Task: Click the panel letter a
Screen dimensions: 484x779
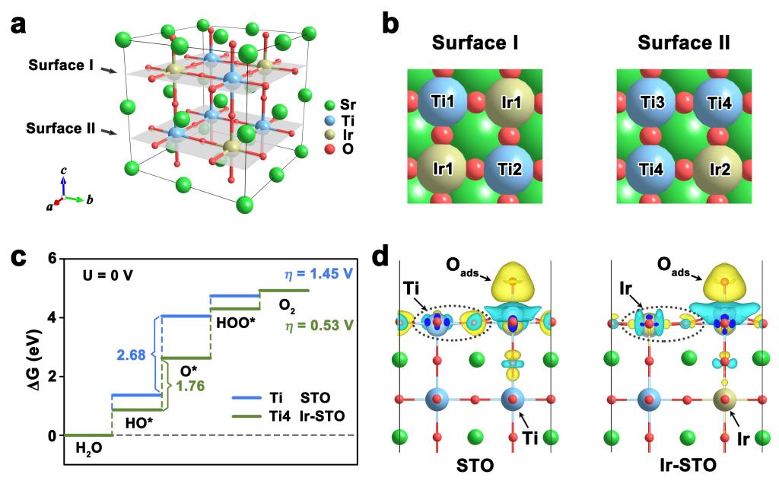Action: tap(21, 25)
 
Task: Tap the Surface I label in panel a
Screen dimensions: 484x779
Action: tap(62, 66)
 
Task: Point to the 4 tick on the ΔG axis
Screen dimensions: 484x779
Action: tap(52, 317)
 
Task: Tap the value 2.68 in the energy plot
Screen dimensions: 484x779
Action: tap(132, 355)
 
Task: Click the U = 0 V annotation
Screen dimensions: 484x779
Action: tap(108, 275)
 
